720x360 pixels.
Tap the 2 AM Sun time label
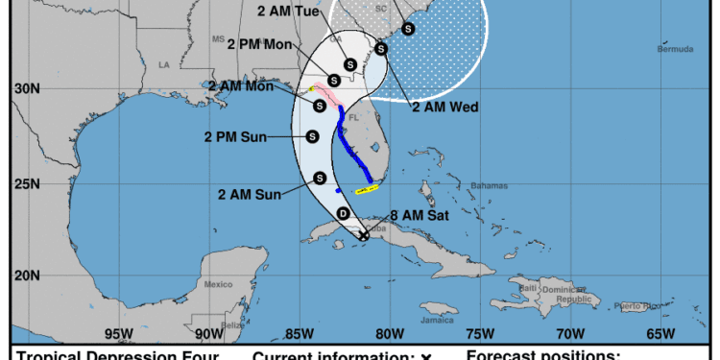click(249, 195)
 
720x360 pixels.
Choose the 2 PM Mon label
click(259, 44)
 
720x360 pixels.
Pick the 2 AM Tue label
click(289, 12)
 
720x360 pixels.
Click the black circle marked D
click(344, 213)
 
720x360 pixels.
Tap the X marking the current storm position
click(364, 235)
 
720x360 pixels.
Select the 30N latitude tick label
click(27, 88)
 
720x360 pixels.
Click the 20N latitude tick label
click(27, 276)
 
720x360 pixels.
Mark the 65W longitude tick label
click(660, 334)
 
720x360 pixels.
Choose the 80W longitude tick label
click(389, 334)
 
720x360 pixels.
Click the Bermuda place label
click(676, 49)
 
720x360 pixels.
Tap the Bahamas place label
click(490, 185)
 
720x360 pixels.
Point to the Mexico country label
click(219, 284)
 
